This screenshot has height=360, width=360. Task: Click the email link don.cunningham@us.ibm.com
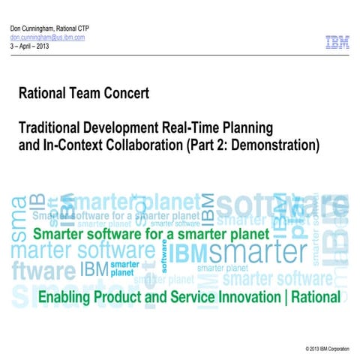tap(46, 37)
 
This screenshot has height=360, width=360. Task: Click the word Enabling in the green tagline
tap(65, 297)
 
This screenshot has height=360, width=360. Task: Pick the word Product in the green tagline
tap(119, 297)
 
